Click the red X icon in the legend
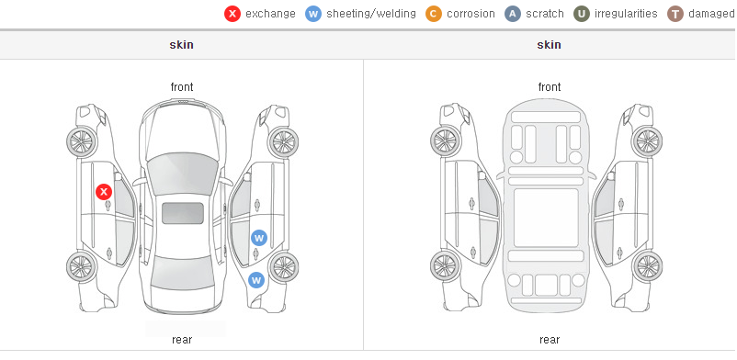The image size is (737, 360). point(232,14)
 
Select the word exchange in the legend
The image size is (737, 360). point(270,14)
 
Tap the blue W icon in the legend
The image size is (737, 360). point(313,14)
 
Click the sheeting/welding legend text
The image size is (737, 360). point(371,14)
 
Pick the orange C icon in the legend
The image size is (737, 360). point(434,14)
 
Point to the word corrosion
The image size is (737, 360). point(471,14)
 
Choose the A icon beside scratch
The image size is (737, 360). point(513,14)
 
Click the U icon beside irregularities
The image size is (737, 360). point(582,14)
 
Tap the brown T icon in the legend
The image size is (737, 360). point(675,14)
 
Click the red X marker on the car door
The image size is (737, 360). point(104,192)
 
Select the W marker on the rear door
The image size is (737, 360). point(259,238)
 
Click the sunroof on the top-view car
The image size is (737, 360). point(183,213)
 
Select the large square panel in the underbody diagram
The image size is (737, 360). point(546,218)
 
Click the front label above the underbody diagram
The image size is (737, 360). point(550,87)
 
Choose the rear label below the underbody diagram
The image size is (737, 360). point(550,340)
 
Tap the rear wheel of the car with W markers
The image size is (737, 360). point(283,267)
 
